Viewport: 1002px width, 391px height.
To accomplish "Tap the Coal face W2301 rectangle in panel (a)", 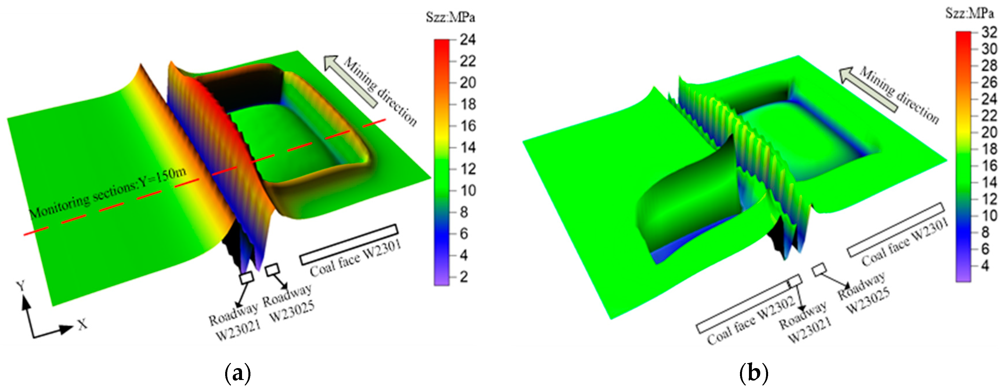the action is point(349,245).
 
